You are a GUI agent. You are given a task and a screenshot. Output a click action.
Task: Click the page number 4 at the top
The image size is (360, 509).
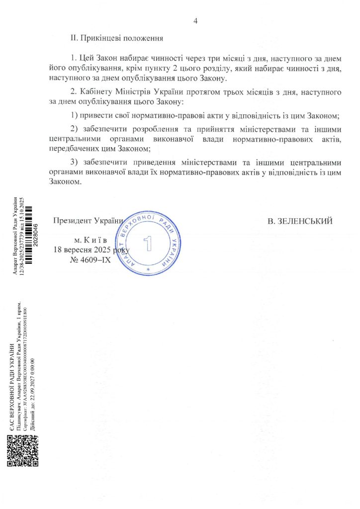click(195, 21)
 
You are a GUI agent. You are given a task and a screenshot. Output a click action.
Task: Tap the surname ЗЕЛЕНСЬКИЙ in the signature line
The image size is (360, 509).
click(299, 221)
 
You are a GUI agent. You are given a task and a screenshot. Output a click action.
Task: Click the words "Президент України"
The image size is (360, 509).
click(88, 221)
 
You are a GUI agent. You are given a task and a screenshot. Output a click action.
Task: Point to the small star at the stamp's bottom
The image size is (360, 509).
click(148, 269)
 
